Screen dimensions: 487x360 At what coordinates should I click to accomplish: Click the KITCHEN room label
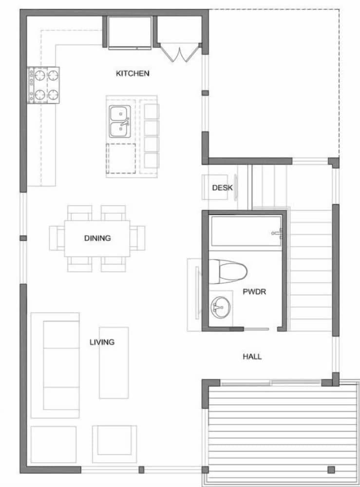pos(132,74)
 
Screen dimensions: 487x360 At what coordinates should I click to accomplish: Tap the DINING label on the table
pos(97,238)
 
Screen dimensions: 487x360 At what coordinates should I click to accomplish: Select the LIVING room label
pos(102,342)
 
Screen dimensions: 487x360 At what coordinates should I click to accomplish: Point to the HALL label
pos(252,356)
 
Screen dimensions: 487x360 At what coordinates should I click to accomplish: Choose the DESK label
pos(222,187)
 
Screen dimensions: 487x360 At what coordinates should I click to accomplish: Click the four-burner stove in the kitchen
pos(43,85)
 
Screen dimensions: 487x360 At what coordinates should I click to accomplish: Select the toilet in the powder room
pos(227,271)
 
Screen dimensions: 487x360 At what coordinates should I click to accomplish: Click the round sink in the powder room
pos(219,307)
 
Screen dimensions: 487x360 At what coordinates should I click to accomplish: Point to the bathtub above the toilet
pos(246,231)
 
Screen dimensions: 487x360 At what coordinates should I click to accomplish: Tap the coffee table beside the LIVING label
pos(114,363)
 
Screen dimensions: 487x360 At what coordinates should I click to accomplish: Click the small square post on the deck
pos(331,469)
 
